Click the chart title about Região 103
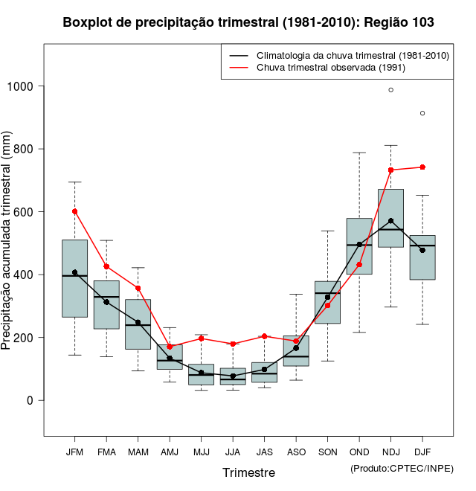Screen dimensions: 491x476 (248, 23)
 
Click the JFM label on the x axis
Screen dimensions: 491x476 (74, 452)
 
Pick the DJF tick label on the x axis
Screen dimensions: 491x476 (422, 452)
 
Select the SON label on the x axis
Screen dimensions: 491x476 (327, 452)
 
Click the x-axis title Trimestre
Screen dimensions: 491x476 (248, 472)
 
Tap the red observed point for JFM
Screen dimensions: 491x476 (74, 211)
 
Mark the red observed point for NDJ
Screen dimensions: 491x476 (390, 170)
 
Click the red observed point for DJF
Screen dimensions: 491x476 (422, 167)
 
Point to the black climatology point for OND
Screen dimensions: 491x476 (359, 245)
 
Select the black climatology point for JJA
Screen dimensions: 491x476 (233, 376)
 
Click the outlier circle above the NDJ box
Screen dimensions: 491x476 (390, 90)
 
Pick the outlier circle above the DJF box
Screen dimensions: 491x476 (422, 113)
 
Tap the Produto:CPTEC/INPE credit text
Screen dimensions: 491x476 (402, 468)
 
